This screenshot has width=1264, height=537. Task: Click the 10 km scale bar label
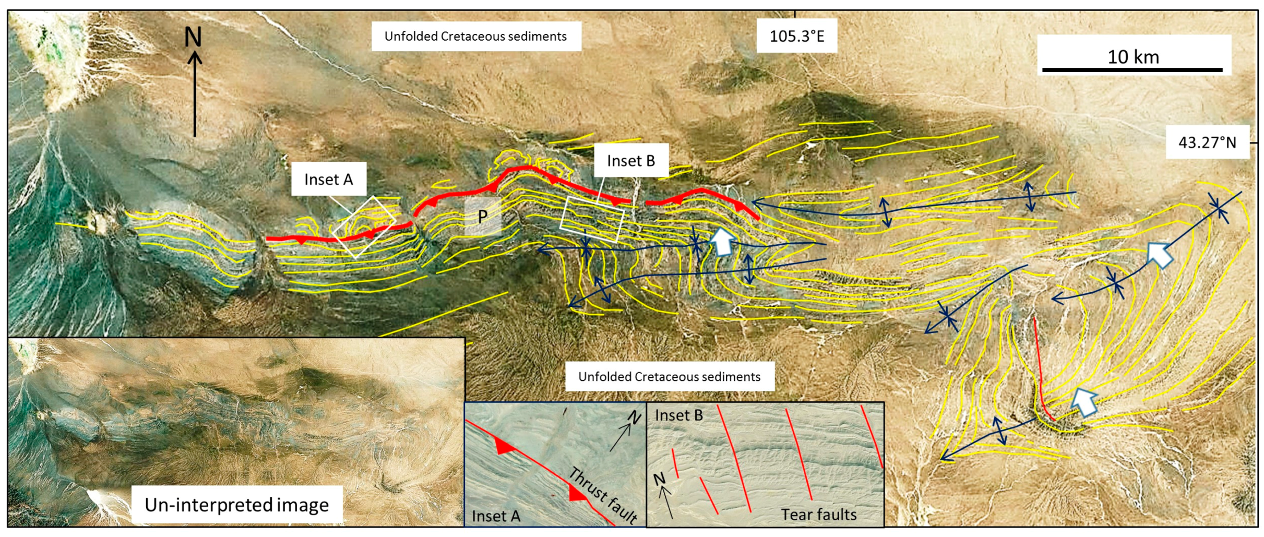[1133, 56]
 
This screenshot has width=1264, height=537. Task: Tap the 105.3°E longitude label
[796, 36]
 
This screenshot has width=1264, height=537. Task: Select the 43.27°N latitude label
[1207, 142]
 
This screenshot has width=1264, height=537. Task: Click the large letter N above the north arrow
[193, 37]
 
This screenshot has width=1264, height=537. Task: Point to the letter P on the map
[483, 216]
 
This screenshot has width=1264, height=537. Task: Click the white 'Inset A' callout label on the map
[328, 179]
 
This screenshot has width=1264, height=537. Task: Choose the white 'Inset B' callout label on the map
[630, 160]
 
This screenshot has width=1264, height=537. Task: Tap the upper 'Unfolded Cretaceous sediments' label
[475, 36]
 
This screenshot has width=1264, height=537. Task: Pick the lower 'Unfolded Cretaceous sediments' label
[669, 376]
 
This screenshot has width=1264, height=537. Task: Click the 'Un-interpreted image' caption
[236, 505]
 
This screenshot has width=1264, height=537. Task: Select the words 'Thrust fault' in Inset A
[603, 494]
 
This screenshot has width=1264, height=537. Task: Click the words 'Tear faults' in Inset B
[818, 515]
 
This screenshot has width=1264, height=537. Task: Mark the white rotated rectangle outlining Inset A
[364, 227]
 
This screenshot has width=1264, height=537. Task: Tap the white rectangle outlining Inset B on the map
[592, 219]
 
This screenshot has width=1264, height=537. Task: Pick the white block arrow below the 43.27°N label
[1160, 256]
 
